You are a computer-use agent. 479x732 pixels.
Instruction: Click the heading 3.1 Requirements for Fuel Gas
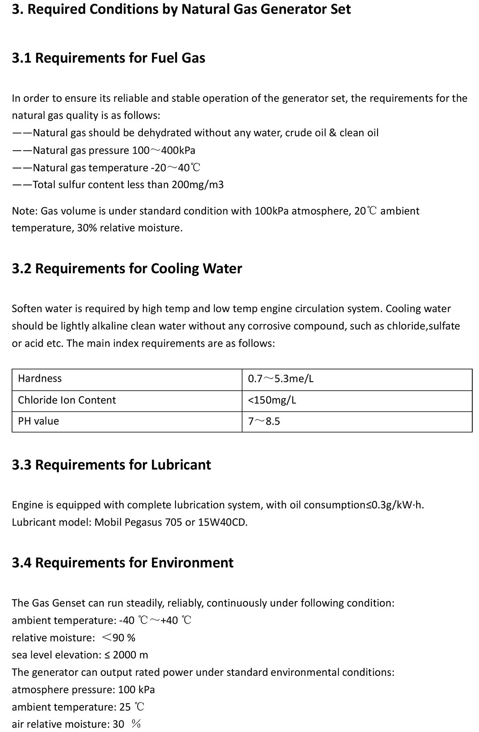coord(108,58)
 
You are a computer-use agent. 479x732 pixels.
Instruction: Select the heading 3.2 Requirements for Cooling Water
coord(127,269)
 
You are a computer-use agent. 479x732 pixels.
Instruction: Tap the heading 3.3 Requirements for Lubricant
coord(111,465)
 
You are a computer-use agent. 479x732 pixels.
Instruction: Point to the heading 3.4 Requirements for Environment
coord(122,563)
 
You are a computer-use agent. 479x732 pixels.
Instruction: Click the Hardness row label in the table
coord(40,379)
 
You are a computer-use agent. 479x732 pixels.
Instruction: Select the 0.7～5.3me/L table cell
coord(280,379)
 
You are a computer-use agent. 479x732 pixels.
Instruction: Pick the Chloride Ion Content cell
coord(67,400)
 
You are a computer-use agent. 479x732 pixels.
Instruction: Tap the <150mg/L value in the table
coord(272,400)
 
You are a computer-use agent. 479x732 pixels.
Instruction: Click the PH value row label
coord(38,421)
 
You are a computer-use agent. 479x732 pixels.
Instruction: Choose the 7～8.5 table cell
coord(264,421)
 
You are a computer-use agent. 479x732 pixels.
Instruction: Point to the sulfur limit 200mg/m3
coord(198,185)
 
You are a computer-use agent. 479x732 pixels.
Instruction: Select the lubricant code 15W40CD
coord(222,522)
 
